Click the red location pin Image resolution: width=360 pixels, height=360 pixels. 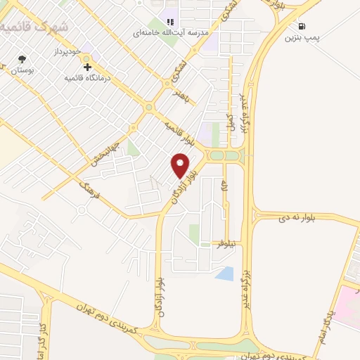point(181,165)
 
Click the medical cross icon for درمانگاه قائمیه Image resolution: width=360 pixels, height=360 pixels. point(88,67)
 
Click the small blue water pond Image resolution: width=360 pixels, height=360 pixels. point(224,274)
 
